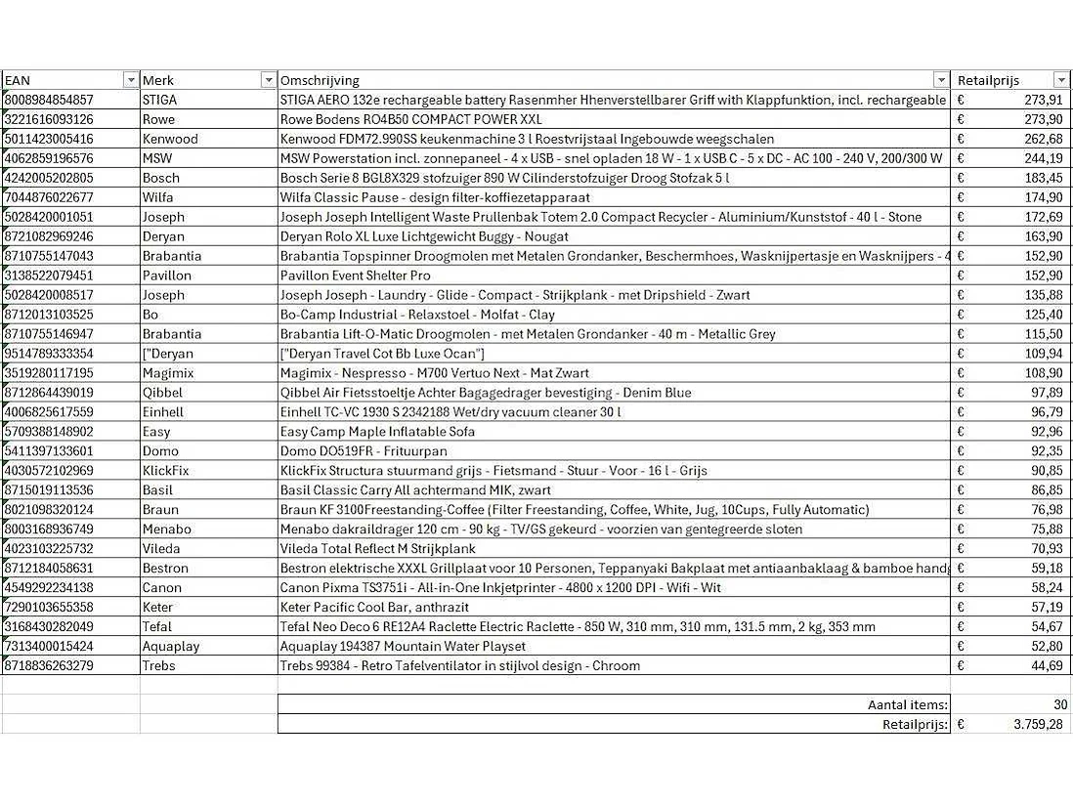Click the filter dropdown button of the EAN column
131,80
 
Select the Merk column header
158,80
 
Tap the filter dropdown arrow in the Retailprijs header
1061,80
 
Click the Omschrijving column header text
320,80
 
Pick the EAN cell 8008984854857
50,100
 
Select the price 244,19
1042,158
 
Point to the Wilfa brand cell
159,197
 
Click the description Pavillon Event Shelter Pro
356,275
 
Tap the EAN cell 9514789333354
50,354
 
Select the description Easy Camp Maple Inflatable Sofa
378,432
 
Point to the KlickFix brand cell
166,471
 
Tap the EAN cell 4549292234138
50,588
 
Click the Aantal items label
907,705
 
